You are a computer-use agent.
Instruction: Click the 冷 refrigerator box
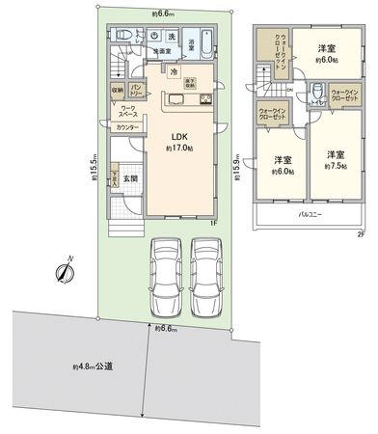173,70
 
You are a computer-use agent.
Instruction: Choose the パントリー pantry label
137,90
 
